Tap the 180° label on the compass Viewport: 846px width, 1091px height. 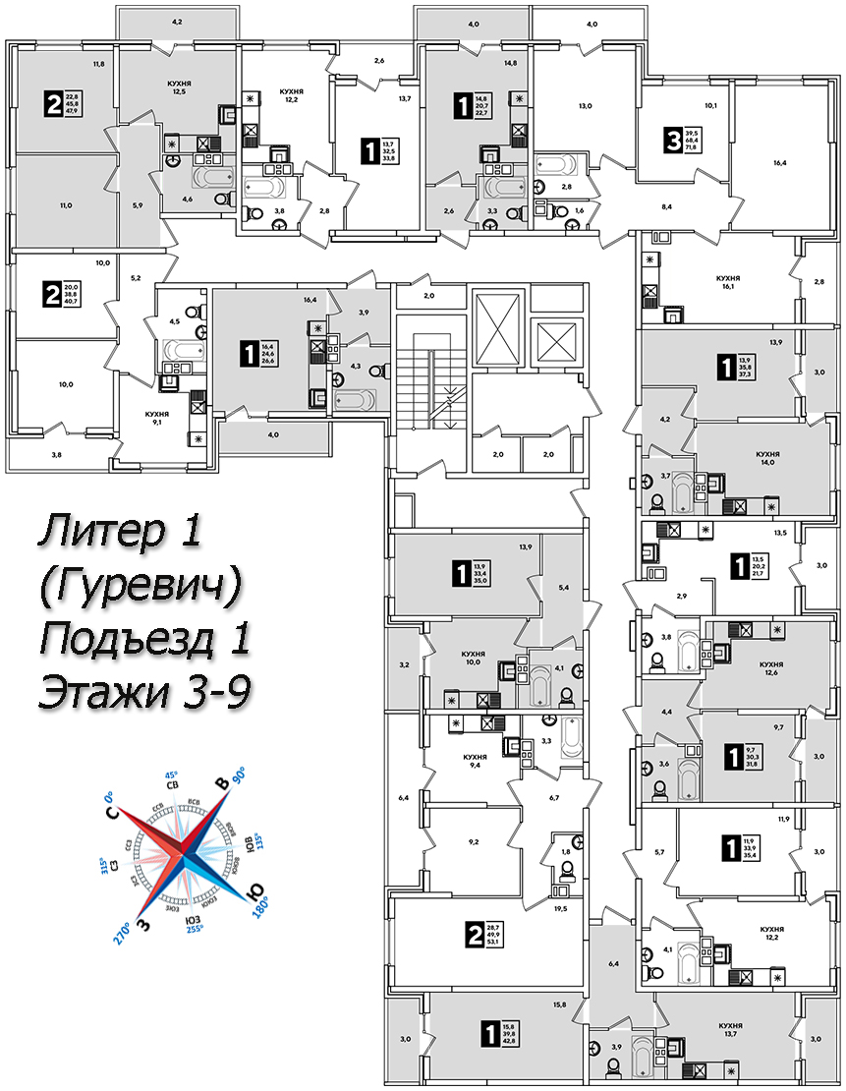(259, 902)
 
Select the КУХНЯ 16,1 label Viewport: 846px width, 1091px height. (727, 283)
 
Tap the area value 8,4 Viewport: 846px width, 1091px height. (665, 207)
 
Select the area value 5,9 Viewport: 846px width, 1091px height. (137, 204)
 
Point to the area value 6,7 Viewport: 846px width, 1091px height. (554, 797)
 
